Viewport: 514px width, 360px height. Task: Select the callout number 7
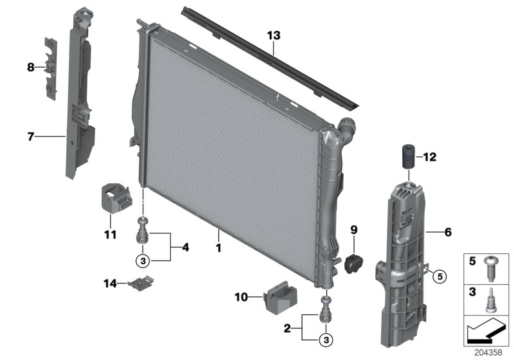[x=31, y=136]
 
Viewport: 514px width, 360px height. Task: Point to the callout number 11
[x=111, y=235]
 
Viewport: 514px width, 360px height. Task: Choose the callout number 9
[x=353, y=229]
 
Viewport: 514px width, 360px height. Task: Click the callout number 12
[x=430, y=156]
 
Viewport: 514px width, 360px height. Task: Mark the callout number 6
[x=448, y=233]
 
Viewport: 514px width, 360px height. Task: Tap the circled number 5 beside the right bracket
[x=439, y=277]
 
